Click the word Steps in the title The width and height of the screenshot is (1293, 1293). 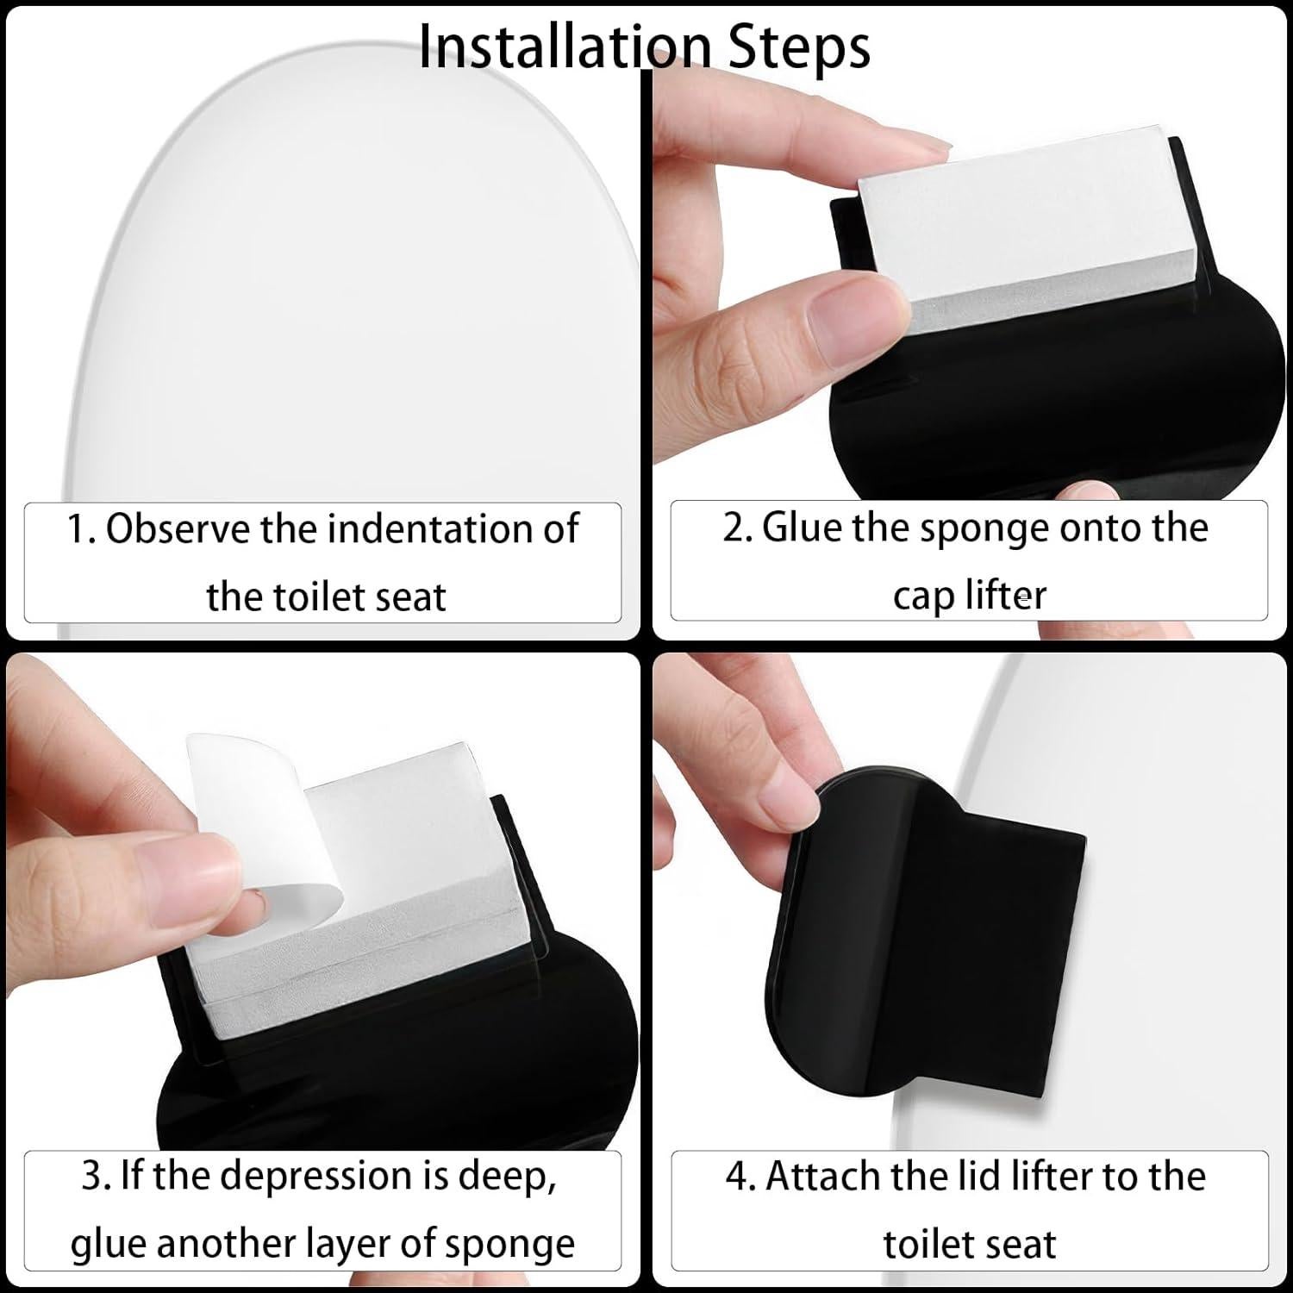pos(800,48)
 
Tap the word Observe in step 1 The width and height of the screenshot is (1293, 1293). pos(178,528)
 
